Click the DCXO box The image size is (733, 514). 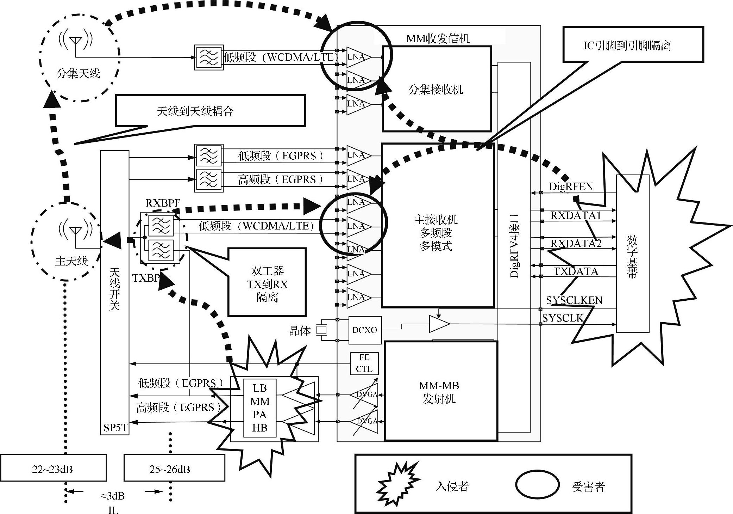pyautogui.click(x=365, y=330)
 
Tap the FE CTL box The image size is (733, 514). pyautogui.click(x=364, y=363)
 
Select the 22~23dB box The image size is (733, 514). pyautogui.click(x=53, y=468)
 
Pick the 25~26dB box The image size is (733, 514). pyautogui.click(x=174, y=468)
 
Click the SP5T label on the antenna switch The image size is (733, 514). pyautogui.click(x=115, y=428)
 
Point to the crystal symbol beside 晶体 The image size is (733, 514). pyautogui.click(x=321, y=330)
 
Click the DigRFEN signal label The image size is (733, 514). pyautogui.click(x=571, y=186)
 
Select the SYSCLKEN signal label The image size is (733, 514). pyautogui.click(x=574, y=300)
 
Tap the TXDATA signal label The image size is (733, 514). pyautogui.click(x=576, y=271)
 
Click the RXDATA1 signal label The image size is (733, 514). pyautogui.click(x=575, y=215)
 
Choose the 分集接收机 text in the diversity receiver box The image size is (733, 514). pyautogui.click(x=436, y=90)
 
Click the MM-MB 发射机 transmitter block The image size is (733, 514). pyautogui.click(x=440, y=391)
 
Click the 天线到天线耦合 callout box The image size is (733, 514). pyautogui.click(x=210, y=111)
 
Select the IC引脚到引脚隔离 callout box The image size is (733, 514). pyautogui.click(x=633, y=44)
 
